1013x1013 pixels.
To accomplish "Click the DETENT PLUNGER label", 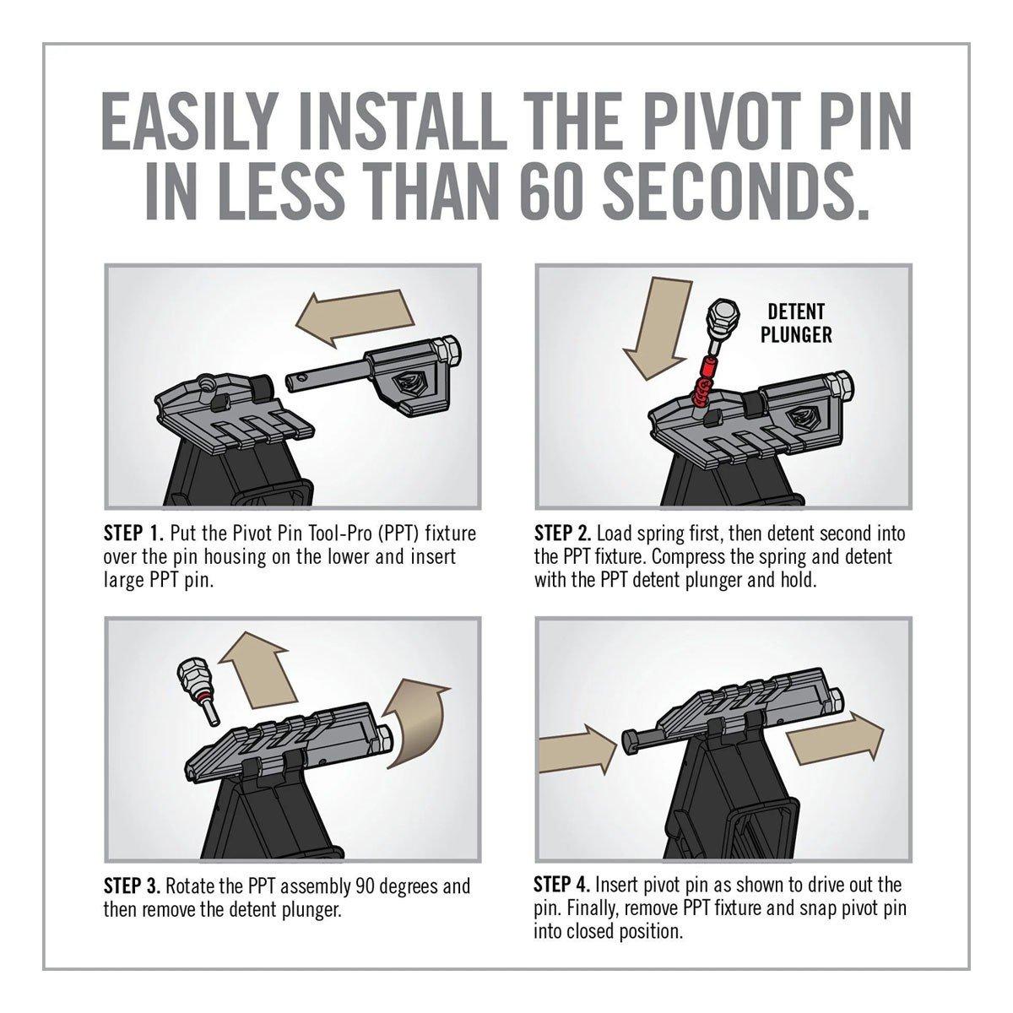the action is click(796, 322).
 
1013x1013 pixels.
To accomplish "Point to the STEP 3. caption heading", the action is click(132, 886).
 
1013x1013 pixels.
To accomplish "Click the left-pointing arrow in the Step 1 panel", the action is click(355, 316).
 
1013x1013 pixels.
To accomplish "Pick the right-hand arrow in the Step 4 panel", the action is click(834, 737).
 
